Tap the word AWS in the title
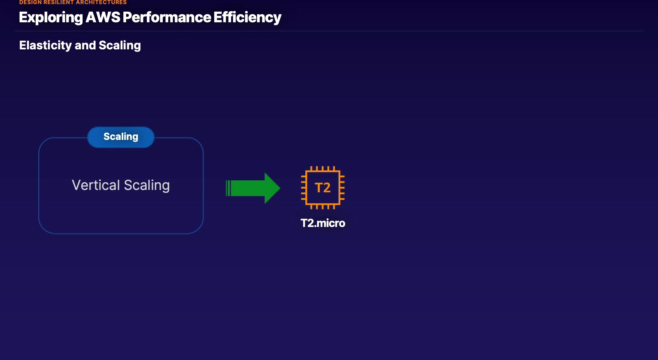[x=102, y=17]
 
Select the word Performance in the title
[x=167, y=17]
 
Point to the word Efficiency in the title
[x=247, y=17]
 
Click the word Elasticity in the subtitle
[x=45, y=45]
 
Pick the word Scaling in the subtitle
[x=120, y=45]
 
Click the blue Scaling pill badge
[x=121, y=137]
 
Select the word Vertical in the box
[x=96, y=185]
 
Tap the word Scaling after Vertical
[x=147, y=185]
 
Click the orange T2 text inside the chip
[x=322, y=188]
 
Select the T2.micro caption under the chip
[x=322, y=223]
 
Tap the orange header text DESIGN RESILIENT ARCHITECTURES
[x=73, y=2]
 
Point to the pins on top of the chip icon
[x=322, y=168]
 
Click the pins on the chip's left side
[x=303, y=188]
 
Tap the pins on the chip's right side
[x=342, y=188]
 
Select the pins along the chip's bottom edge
[x=322, y=207]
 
